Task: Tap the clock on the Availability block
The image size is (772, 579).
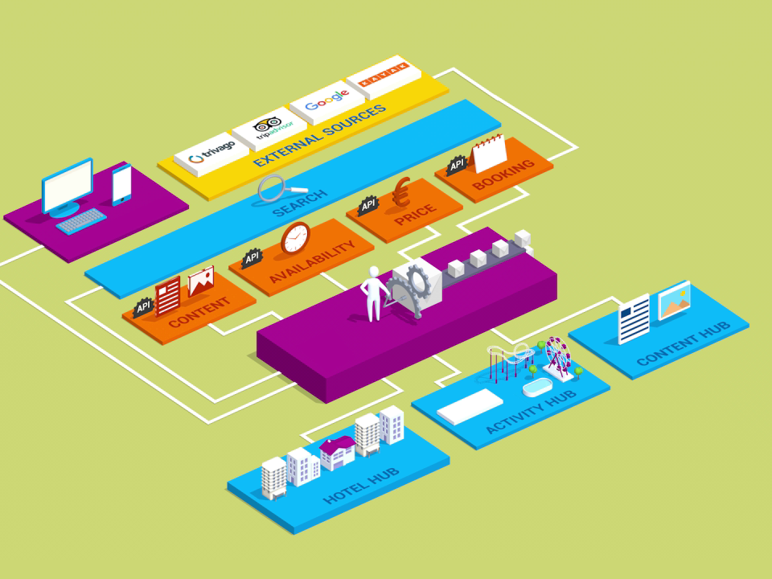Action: click(295, 238)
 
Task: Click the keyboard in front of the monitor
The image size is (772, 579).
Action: click(81, 220)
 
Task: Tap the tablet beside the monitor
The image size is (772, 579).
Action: click(121, 184)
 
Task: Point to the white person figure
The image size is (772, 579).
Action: click(372, 294)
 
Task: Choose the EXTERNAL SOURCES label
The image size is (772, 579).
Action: click(319, 135)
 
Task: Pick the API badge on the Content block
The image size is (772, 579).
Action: click(143, 306)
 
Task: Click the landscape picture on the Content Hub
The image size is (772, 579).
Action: click(673, 301)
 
